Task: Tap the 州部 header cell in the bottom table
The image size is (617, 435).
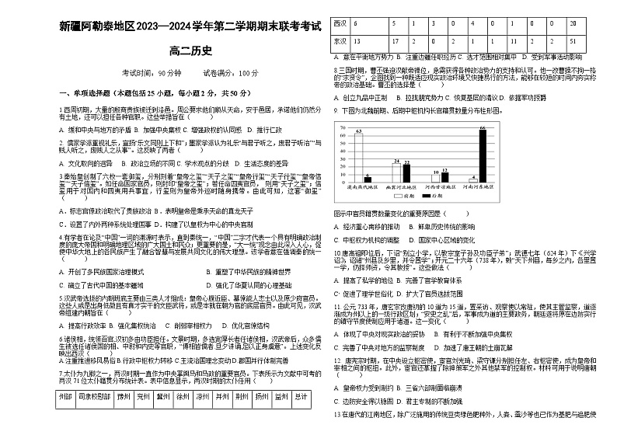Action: click(x=65, y=419)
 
